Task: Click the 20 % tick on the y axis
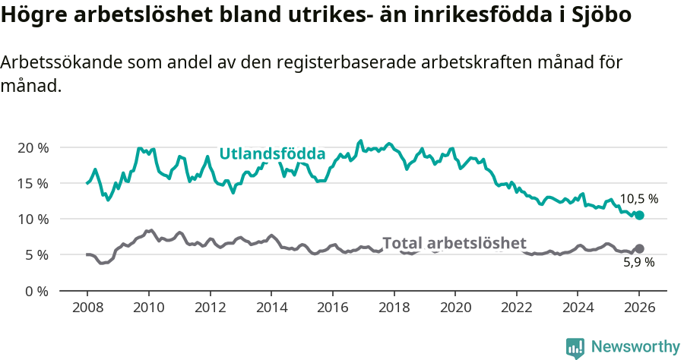(32, 147)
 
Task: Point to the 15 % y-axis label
(32, 183)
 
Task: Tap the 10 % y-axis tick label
(32, 219)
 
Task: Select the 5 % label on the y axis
(36, 255)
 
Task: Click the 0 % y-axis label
(36, 291)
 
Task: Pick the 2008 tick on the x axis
(87, 308)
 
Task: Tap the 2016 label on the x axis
(333, 308)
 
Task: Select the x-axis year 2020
(455, 308)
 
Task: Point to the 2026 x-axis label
(639, 308)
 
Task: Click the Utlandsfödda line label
(272, 154)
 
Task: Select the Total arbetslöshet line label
(454, 243)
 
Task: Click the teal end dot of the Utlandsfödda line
(639, 216)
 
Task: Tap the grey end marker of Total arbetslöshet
(639, 248)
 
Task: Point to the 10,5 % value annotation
(638, 199)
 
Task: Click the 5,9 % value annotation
(638, 263)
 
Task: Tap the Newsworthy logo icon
(575, 347)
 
